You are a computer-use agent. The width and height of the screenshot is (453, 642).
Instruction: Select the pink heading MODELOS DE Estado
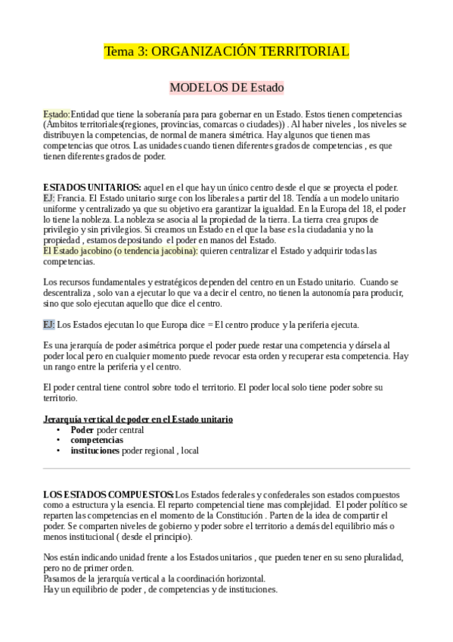pos(226,87)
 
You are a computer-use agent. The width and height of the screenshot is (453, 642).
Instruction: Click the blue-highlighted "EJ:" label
pos(49,325)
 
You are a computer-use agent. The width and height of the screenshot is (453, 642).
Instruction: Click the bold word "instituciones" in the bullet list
pos(95,450)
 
